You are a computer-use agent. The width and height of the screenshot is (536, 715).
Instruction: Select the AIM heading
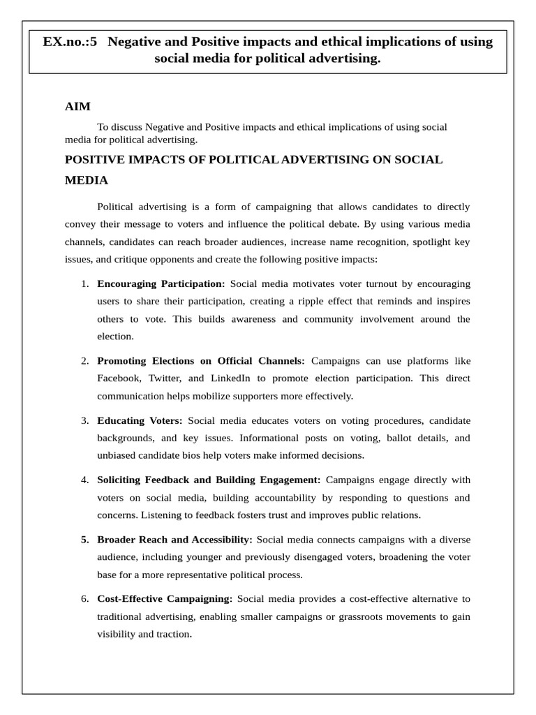[x=78, y=106]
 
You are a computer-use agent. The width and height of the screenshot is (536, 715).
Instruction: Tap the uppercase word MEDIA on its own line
[x=86, y=180]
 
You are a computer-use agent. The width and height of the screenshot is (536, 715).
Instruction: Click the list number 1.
[x=84, y=284]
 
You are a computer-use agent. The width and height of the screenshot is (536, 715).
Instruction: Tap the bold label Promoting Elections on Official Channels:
[x=201, y=361]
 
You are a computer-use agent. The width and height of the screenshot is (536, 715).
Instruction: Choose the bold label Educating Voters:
[x=140, y=420]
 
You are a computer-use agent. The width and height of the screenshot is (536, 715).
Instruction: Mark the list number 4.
[x=84, y=480]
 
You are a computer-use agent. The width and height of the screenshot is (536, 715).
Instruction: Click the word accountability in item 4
[x=283, y=498]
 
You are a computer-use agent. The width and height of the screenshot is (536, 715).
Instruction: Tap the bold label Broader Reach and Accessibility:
[x=174, y=540]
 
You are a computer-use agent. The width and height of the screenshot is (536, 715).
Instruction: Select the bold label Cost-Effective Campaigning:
[x=165, y=599]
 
